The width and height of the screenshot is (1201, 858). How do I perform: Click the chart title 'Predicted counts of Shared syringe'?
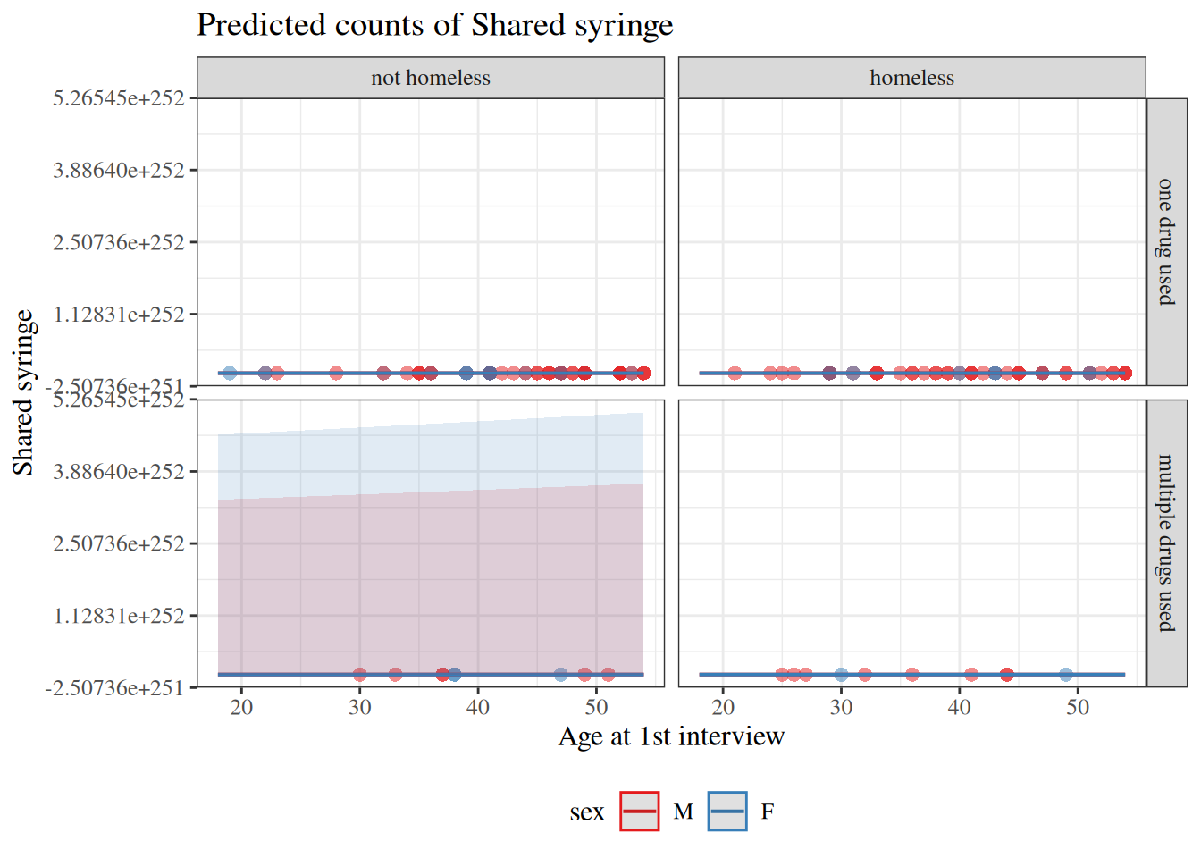tap(434, 25)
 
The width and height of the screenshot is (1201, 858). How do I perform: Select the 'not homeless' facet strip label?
tap(431, 78)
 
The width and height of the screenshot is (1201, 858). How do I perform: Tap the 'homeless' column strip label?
tap(911, 78)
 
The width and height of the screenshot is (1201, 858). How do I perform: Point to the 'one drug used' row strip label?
tap(1166, 241)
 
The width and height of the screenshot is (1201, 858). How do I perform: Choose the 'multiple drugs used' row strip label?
tap(1166, 543)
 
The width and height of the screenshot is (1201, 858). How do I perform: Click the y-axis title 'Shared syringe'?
tap(23, 392)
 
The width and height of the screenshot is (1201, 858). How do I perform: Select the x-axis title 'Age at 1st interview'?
tap(671, 736)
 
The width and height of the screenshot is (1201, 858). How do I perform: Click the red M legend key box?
tap(639, 812)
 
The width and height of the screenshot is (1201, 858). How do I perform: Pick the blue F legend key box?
tap(727, 812)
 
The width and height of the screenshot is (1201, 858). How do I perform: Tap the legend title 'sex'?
tap(587, 812)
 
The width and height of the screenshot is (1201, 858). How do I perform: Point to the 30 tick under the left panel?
tap(359, 708)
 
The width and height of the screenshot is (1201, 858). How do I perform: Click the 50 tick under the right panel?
tap(1078, 708)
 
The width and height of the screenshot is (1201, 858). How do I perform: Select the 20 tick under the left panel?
tap(241, 708)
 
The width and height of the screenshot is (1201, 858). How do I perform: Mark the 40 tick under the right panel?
tap(960, 708)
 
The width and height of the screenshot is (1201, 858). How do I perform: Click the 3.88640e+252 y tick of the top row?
tap(119, 170)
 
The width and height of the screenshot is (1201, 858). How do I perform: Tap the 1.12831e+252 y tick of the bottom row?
tap(119, 616)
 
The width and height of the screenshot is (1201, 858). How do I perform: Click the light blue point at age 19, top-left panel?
tap(230, 373)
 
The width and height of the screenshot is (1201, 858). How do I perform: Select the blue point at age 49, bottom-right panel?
tap(1066, 674)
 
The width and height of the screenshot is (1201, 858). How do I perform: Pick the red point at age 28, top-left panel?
tap(336, 373)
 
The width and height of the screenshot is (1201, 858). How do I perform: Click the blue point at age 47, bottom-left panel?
tap(560, 674)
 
